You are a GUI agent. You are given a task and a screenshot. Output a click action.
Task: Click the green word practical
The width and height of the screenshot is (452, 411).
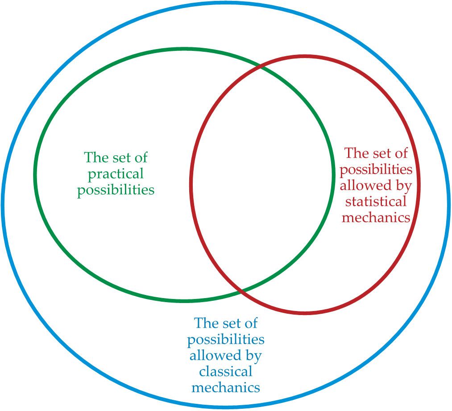coord(116,174)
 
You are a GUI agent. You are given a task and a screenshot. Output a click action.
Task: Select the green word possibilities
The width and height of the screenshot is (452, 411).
coord(116,190)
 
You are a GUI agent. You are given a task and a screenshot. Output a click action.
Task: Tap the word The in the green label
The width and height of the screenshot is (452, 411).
coord(95,158)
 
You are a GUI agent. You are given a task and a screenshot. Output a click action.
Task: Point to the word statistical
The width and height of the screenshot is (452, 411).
coord(376,202)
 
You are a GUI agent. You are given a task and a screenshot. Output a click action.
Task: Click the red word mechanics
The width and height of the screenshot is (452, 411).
coord(376,217)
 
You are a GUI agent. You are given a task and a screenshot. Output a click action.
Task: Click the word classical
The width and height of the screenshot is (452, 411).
coord(226,371)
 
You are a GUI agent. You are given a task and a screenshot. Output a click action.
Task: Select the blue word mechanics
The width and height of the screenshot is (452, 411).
coord(226,387)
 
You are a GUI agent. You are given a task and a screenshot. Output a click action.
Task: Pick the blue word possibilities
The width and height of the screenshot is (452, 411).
coord(226,340)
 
